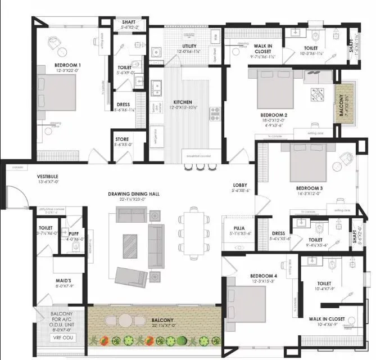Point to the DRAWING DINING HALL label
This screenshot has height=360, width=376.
134,194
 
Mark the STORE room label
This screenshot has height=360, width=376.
123,139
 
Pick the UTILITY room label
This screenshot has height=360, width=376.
185,46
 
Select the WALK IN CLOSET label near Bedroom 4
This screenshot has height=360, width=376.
327,319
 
